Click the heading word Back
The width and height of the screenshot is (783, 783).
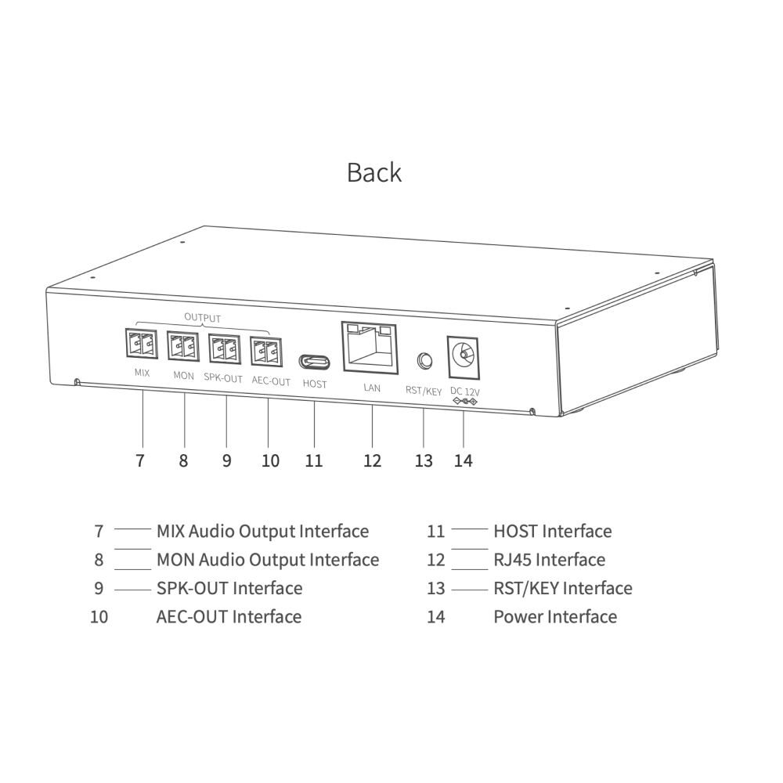(374, 173)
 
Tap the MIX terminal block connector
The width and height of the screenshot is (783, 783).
(141, 343)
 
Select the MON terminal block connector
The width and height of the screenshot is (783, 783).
(182, 346)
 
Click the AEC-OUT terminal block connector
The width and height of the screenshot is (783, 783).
(266, 352)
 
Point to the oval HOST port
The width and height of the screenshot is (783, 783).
(314, 362)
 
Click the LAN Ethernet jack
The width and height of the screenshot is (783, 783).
(370, 348)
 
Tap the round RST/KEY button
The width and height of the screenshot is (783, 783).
(424, 360)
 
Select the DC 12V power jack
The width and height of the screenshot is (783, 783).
(463, 358)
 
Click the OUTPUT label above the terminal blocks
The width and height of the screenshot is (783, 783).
(202, 318)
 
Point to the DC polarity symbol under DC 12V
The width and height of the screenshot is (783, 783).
(465, 402)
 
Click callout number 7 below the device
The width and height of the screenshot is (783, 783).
(140, 460)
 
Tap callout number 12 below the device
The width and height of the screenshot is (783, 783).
(373, 460)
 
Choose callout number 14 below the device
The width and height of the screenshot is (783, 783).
(464, 460)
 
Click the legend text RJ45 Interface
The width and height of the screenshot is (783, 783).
(550, 560)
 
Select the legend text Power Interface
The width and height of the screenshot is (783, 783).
(555, 617)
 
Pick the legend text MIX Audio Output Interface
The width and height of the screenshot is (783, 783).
(262, 532)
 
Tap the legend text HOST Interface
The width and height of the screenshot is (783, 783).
(553, 532)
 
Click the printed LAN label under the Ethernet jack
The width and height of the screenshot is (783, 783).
(372, 388)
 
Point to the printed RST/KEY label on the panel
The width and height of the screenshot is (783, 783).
(424, 391)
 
